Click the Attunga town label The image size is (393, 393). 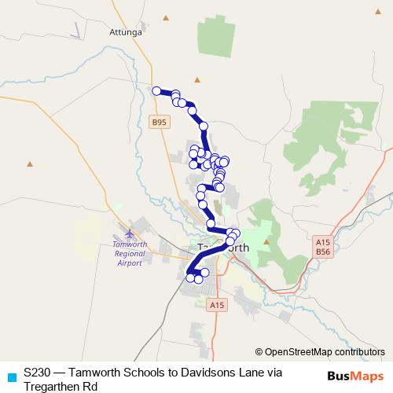coord(125,34)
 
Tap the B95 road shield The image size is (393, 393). coord(160,122)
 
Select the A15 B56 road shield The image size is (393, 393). coord(322,248)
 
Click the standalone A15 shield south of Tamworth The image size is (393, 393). coord(218,303)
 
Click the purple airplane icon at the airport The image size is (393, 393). coord(129,234)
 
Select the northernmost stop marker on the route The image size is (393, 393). coord(156,91)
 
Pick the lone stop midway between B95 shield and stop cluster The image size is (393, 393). coord(204,126)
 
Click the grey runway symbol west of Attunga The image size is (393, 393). coord(76,30)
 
